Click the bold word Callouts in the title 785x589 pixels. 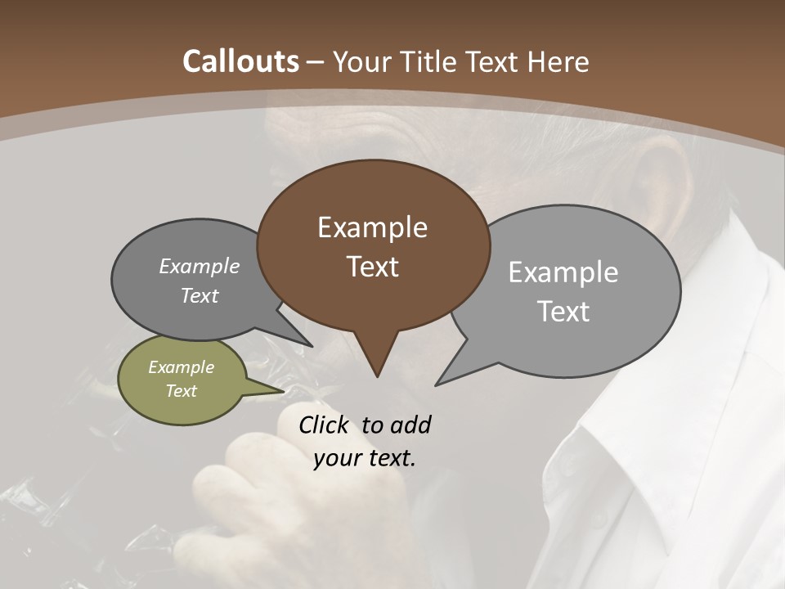240,61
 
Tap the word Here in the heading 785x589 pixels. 558,61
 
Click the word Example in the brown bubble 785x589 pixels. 372,227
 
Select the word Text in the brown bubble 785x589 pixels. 373,267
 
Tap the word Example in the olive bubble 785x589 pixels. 181,367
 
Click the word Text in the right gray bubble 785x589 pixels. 563,312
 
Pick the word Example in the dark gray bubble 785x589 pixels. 200,266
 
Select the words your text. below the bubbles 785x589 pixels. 365,458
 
